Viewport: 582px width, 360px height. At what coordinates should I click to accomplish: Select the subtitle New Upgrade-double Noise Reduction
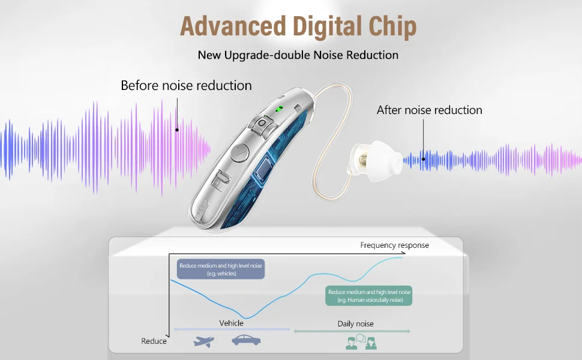tap(298, 55)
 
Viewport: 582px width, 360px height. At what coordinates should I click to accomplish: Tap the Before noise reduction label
tap(186, 85)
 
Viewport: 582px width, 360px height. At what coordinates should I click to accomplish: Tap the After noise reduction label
tap(429, 110)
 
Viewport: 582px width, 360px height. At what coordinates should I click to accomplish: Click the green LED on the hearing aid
tap(278, 109)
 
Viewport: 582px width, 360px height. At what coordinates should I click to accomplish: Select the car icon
tap(246, 340)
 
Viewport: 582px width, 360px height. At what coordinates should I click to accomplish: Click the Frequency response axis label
tap(394, 245)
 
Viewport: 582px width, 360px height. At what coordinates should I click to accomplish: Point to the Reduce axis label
tap(154, 341)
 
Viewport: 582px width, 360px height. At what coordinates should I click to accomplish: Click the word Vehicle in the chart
tap(231, 323)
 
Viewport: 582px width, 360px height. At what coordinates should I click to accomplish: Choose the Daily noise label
tap(355, 323)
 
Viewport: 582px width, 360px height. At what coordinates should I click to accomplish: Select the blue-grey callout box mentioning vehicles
tap(221, 269)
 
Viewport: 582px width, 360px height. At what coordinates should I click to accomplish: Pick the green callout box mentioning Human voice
tap(368, 296)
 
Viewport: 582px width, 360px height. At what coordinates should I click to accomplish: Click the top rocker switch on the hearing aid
tap(262, 126)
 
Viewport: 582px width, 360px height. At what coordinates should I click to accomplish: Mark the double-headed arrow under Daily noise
tap(352, 331)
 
